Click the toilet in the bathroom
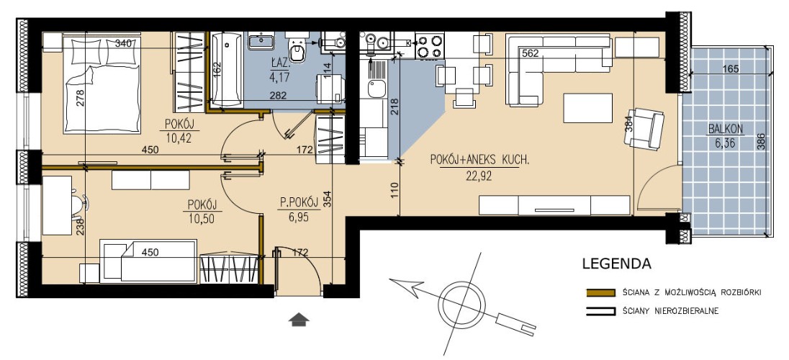297,49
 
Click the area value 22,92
479,176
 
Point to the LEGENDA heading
616,264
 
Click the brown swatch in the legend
601,292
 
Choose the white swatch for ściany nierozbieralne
601,312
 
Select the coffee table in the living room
587,108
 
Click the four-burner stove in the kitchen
429,45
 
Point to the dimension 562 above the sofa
530,53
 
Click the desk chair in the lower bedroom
79,204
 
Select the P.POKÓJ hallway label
300,202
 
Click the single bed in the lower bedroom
148,261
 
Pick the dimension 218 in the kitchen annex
394,107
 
